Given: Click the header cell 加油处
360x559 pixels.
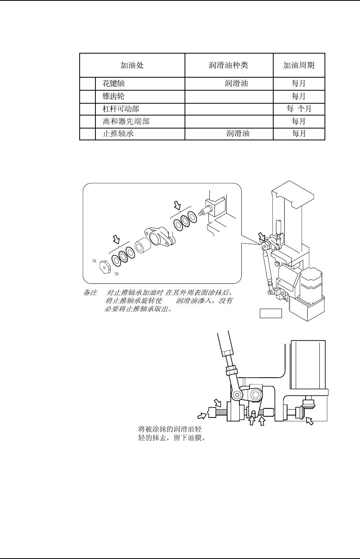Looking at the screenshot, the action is (x=132, y=65).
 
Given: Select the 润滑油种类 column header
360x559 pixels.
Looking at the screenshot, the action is (x=228, y=65).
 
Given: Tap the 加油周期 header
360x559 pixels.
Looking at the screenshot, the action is (x=298, y=65).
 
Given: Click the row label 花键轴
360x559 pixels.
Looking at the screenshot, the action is (x=114, y=84).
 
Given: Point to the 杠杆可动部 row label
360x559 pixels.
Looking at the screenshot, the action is (x=121, y=109).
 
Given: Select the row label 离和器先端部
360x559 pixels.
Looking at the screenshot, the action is (x=126, y=121).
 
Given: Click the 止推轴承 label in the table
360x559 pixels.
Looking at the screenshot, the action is (x=118, y=134).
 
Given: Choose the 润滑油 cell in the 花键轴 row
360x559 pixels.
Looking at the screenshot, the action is (x=236, y=84).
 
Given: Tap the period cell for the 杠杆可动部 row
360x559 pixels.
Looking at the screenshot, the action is (x=298, y=109).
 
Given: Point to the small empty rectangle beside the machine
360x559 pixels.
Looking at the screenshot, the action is (x=271, y=314).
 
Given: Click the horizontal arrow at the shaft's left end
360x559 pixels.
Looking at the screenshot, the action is (x=201, y=414).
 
